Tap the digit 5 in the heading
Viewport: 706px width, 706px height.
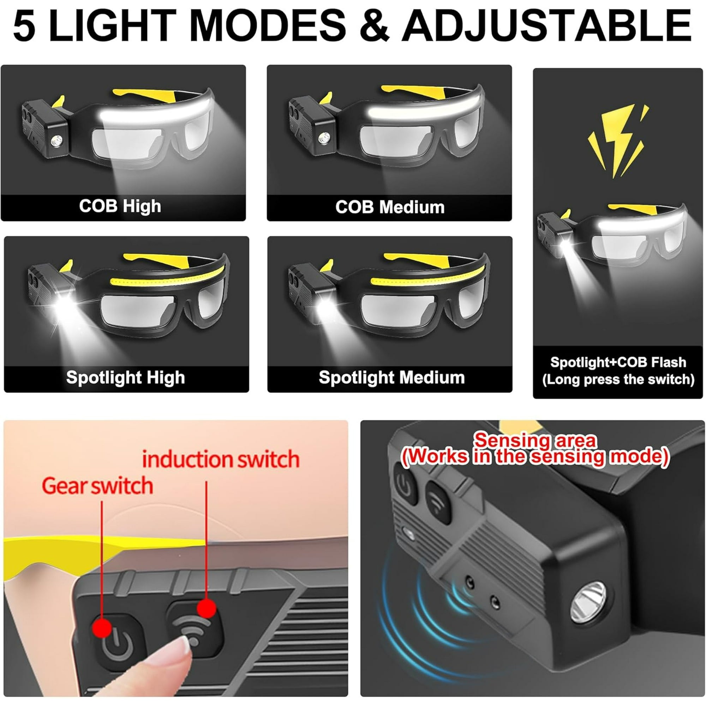pos(24,25)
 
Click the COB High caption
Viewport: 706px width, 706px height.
pos(120,207)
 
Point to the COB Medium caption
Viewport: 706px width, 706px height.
pos(390,207)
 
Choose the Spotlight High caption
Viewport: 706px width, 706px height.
pos(125,378)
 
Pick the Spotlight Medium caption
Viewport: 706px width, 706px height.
pos(392,377)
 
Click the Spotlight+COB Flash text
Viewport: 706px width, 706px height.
pos(618,362)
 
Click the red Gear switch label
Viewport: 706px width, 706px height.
pos(97,486)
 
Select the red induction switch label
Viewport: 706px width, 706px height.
pos(221,459)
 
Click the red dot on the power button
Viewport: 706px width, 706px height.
pos(102,627)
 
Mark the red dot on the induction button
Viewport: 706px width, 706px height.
pos(207,609)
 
